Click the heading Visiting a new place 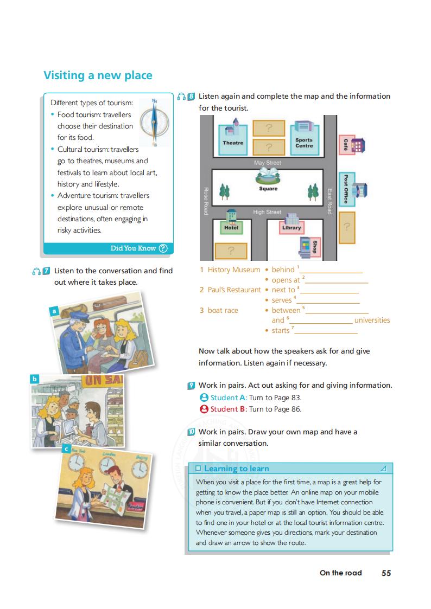98,75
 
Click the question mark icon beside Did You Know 163,248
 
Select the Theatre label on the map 233,143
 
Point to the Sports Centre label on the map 304,143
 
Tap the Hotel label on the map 231,228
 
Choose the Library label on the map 291,228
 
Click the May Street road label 268,163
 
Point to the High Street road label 267,212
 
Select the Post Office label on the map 345,189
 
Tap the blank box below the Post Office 347,227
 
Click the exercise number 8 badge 192,97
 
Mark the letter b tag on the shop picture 35,379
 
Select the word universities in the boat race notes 372,320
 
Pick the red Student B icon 204,409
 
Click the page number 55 386,573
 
